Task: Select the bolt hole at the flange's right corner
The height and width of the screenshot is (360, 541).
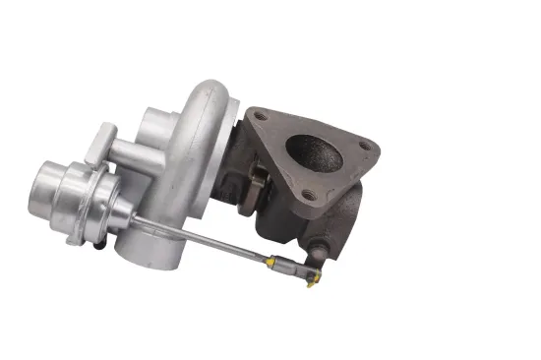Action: tap(366, 147)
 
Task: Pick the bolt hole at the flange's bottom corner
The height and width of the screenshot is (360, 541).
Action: tap(307, 195)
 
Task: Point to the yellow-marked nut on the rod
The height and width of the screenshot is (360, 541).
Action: tap(277, 264)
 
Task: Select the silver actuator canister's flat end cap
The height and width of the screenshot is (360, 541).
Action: tap(50, 182)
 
